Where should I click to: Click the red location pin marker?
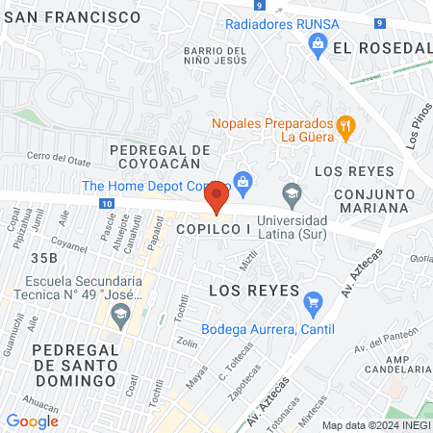(216, 196)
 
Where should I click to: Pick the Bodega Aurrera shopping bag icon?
(312, 304)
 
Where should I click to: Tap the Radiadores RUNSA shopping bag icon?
(317, 42)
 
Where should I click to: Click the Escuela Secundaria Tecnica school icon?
(121, 313)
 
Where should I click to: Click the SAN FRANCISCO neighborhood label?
(73, 17)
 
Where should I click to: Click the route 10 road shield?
(106, 204)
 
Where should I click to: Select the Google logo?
(32, 420)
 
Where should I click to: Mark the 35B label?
(45, 257)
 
